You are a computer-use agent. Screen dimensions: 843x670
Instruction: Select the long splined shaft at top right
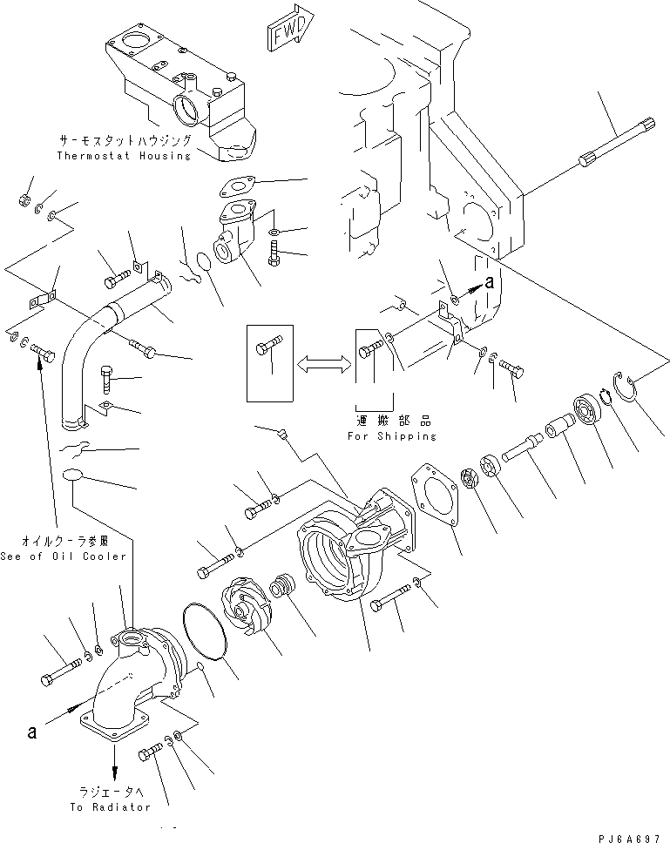(614, 144)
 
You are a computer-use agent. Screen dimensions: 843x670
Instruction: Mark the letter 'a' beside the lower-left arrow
(33, 732)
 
